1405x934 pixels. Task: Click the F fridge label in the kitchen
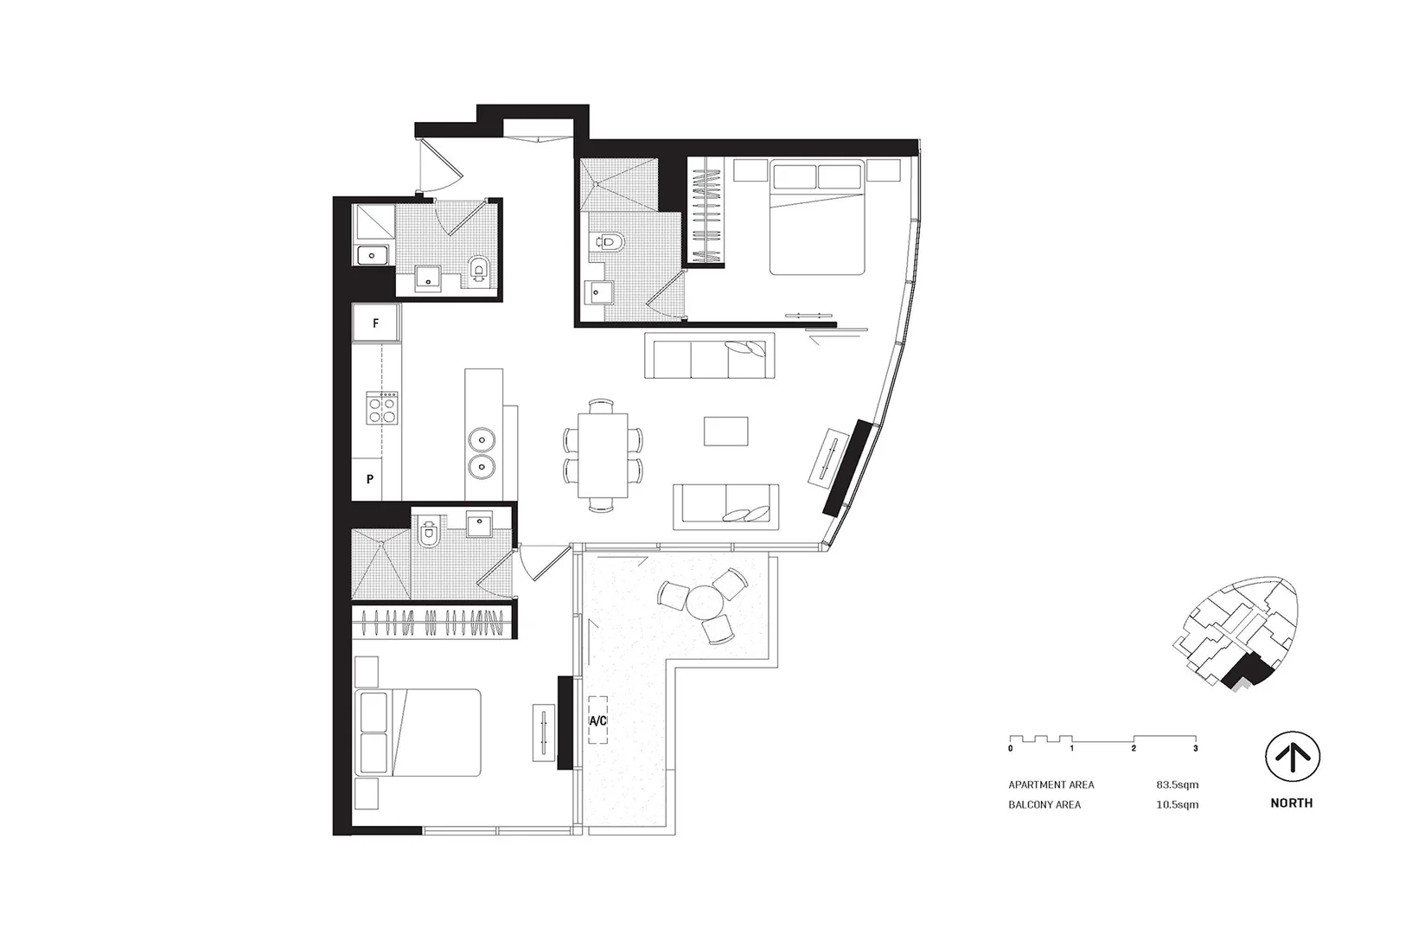375,324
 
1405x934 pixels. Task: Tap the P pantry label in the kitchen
370,478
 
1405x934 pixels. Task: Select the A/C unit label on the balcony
597,720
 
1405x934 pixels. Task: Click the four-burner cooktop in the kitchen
383,408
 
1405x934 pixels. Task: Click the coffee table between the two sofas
725,431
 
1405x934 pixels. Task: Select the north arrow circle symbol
1292,758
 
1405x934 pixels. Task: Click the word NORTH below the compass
1291,803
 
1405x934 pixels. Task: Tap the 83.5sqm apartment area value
1177,785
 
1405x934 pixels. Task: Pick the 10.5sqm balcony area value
1177,805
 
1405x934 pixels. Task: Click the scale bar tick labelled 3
1196,748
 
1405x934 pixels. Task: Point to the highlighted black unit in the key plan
1246,671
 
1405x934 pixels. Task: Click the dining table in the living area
603,454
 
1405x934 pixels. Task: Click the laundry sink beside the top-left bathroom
373,255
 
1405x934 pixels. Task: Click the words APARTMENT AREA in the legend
1051,785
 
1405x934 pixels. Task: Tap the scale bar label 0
1010,748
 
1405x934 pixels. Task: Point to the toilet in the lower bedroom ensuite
428,534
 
